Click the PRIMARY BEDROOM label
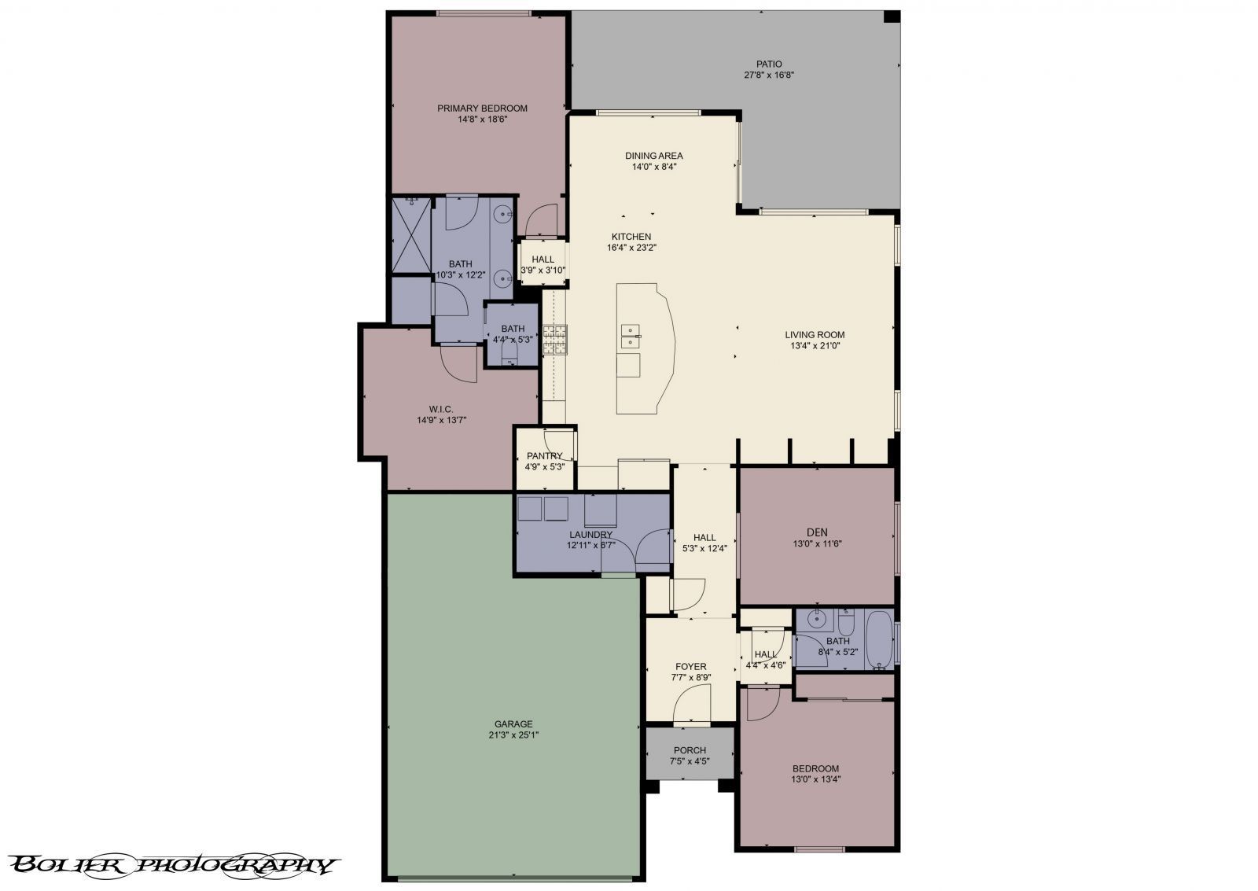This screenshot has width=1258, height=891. click(482, 109)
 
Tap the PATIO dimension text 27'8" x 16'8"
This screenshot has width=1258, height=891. click(769, 75)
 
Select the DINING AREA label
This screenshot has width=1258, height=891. click(653, 156)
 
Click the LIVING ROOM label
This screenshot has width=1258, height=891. click(814, 335)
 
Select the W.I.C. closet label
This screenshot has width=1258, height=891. click(440, 409)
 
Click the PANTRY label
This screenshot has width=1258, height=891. click(544, 455)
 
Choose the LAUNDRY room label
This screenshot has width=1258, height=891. click(590, 535)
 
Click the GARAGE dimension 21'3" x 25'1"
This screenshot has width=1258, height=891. click(513, 735)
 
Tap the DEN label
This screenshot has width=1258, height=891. click(816, 532)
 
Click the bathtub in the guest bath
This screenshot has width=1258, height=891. click(877, 641)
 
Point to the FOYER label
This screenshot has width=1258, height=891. click(690, 666)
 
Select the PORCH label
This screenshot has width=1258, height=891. click(690, 750)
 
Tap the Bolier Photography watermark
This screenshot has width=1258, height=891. click(175, 865)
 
